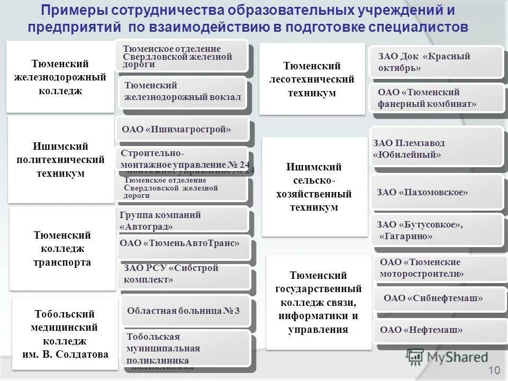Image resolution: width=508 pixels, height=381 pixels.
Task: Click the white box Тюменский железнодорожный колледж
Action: click(60, 77)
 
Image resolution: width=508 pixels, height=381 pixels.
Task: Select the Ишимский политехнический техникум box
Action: click(61, 160)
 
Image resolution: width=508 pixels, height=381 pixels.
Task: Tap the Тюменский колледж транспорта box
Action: click(62, 249)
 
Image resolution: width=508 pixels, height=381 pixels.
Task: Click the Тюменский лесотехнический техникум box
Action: click(312, 79)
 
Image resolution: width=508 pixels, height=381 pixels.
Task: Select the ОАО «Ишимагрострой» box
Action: click(181, 129)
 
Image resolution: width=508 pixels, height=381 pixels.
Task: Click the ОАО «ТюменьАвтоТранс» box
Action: click(183, 244)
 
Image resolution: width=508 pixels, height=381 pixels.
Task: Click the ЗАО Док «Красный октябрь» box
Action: click(437, 62)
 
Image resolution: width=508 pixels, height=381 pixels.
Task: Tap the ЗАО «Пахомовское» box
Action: click(437, 193)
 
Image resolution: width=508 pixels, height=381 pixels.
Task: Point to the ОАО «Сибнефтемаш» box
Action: click(437, 298)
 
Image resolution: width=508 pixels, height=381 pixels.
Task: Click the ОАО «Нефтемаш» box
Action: click(437, 330)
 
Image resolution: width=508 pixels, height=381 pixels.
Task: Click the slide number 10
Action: click(494, 370)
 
